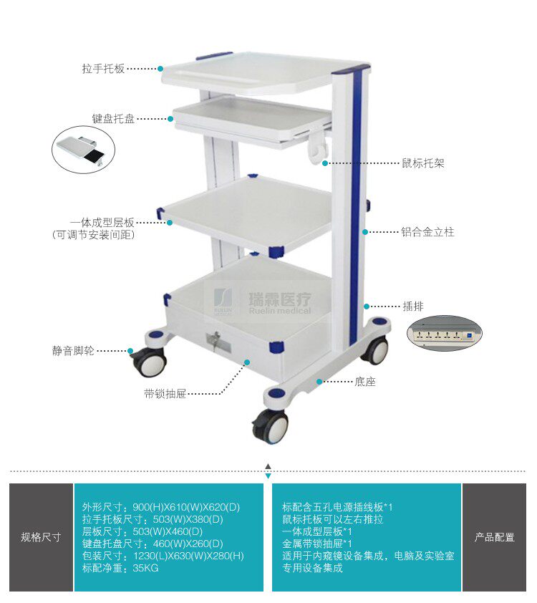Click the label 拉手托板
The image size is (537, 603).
pyautogui.click(x=103, y=69)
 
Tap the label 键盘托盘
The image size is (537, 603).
pyautogui.click(x=113, y=118)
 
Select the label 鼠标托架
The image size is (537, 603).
pyautogui.click(x=423, y=163)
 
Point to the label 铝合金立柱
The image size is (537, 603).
pyautogui.click(x=428, y=232)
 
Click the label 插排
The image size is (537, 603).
pyautogui.click(x=413, y=306)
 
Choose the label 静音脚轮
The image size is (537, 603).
pyautogui.click(x=73, y=351)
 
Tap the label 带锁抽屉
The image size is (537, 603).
pyautogui.click(x=165, y=394)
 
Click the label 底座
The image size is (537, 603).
pyautogui.click(x=364, y=382)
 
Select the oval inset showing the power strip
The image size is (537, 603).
pyautogui.click(x=445, y=334)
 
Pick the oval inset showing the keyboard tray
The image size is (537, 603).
pyautogui.click(x=83, y=149)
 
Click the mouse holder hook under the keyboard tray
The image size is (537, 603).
pyautogui.click(x=319, y=148)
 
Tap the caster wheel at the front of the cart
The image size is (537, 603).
pyautogui.click(x=271, y=428)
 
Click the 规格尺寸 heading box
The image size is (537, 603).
pyautogui.click(x=41, y=537)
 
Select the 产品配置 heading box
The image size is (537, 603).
pyautogui.click(x=494, y=537)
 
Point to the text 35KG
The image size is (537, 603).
pyautogui.click(x=145, y=568)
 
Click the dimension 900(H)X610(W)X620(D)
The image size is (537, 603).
pyautogui.click(x=186, y=507)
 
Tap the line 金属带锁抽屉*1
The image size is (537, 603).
pyautogui.click(x=317, y=544)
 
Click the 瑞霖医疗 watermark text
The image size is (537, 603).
pyautogui.click(x=280, y=299)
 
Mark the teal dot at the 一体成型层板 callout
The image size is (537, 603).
pyautogui.click(x=170, y=223)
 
